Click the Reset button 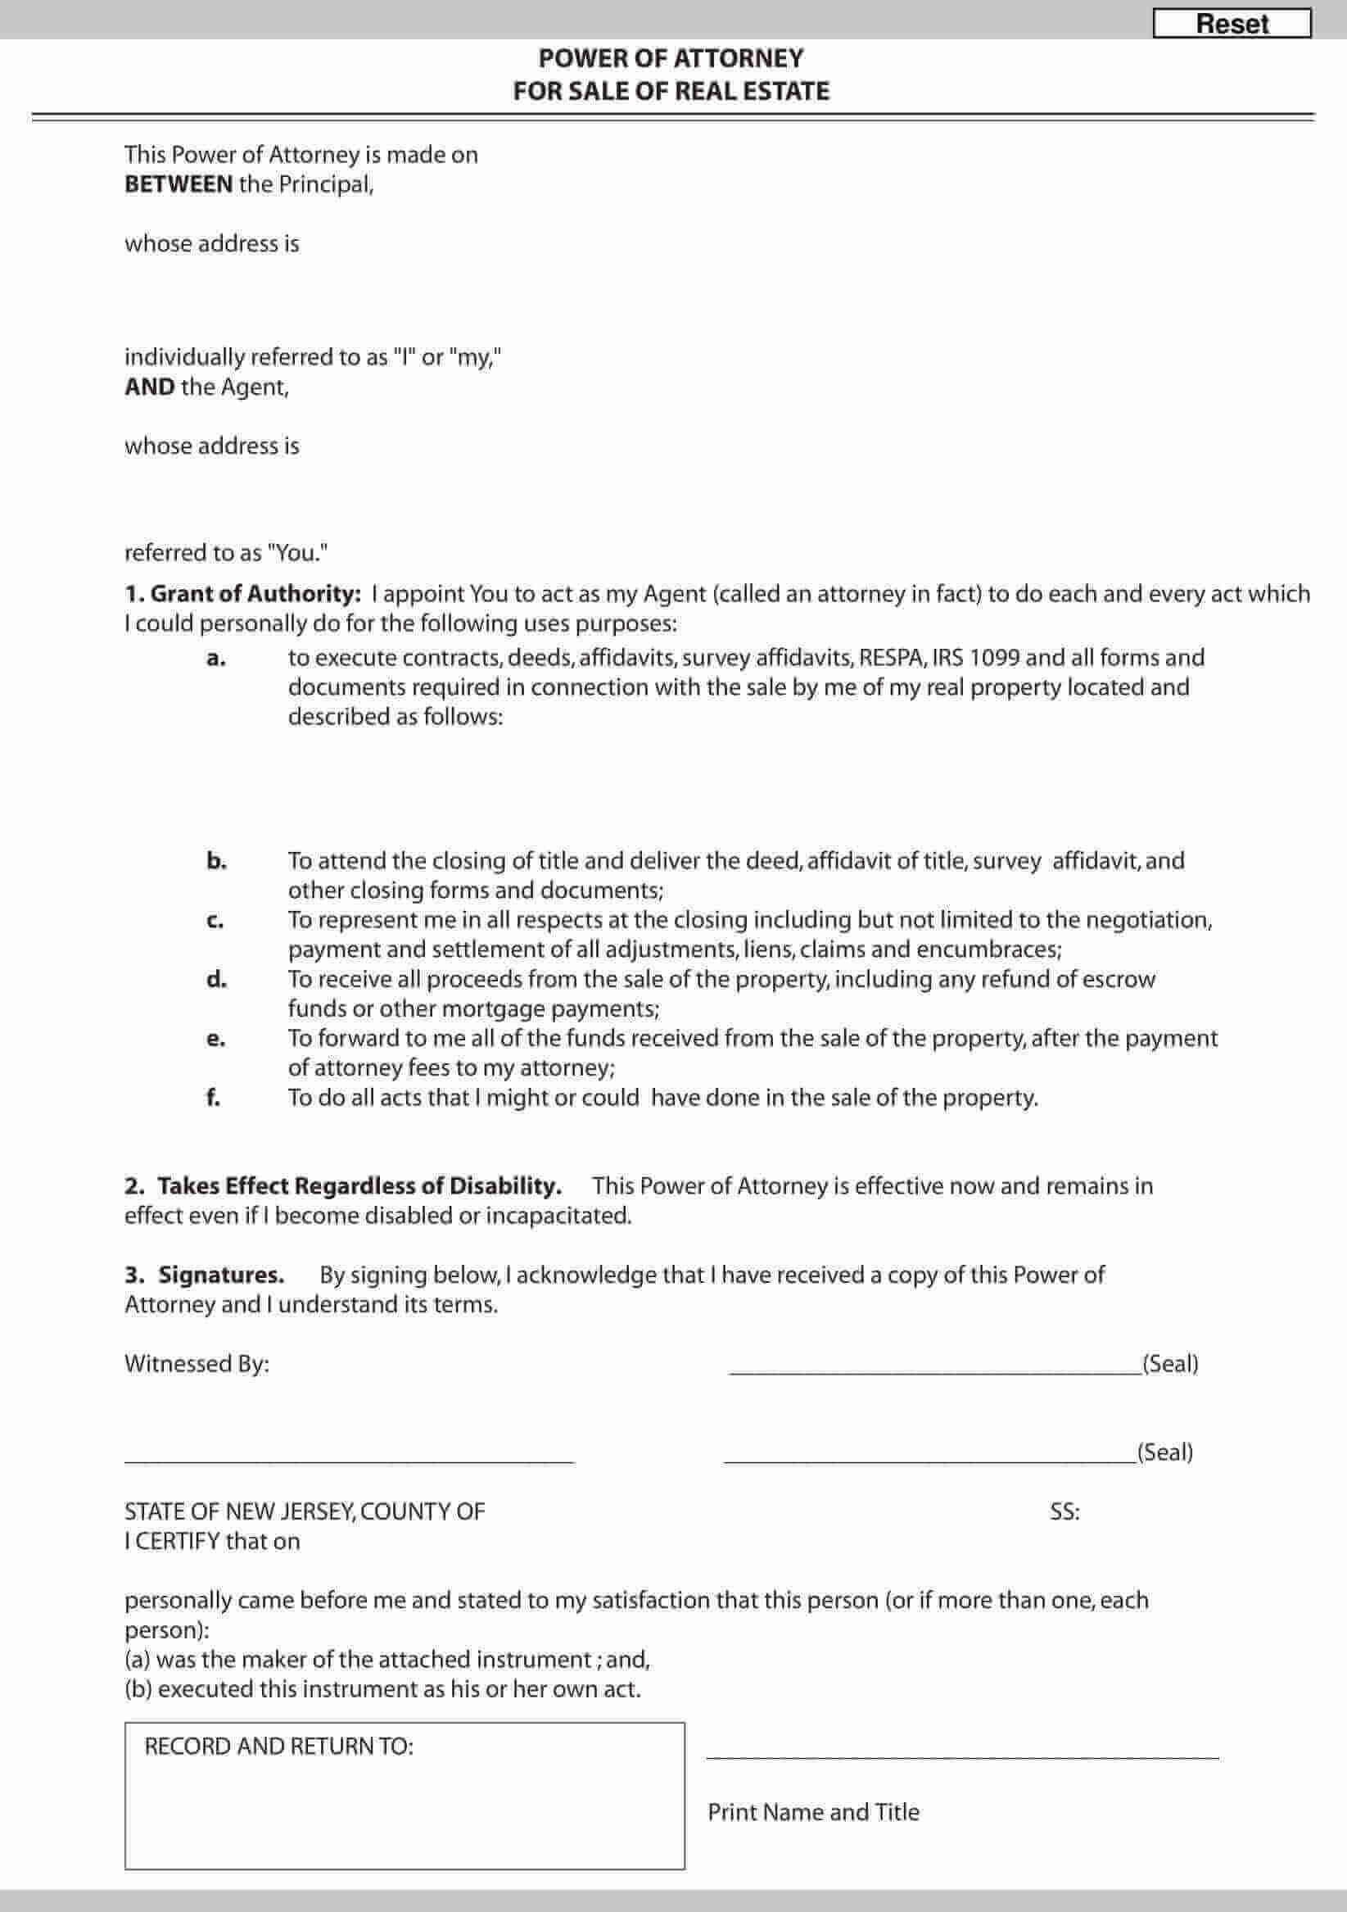coord(1232,23)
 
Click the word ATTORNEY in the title coord(739,58)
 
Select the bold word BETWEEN coord(179,184)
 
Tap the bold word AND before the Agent coord(150,387)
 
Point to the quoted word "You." coord(296,552)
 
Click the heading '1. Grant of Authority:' coord(243,594)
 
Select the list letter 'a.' coord(215,658)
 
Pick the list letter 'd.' coord(215,979)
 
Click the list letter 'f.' coord(213,1098)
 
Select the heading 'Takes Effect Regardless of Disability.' coord(359,1186)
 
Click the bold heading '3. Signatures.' coord(205,1275)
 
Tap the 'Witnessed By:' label coord(197,1363)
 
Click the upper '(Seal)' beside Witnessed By coord(1169,1363)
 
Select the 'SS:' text coord(1064,1511)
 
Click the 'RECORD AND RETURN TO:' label coord(279,1747)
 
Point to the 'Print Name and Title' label coord(813,1812)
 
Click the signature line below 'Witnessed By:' coord(349,1461)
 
